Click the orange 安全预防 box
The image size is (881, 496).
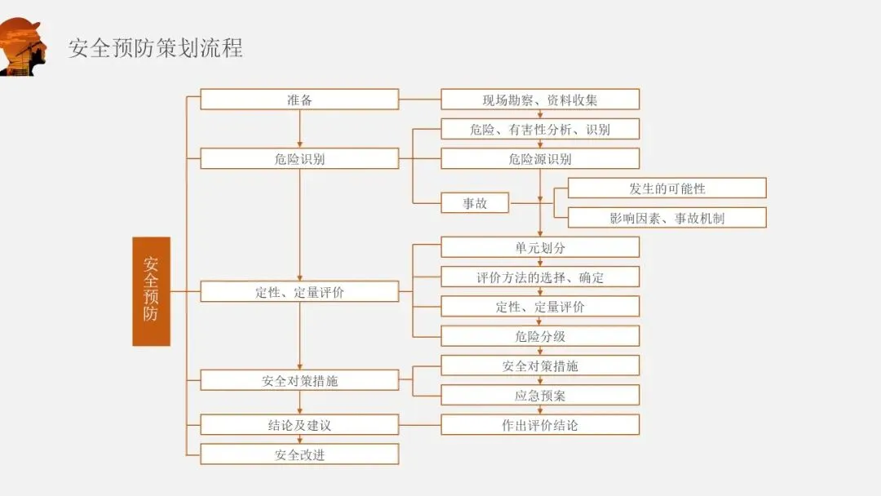coord(151,291)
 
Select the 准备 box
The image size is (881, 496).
coord(299,100)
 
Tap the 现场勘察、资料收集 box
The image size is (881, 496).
coord(540,100)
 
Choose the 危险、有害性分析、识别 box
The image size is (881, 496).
coord(540,129)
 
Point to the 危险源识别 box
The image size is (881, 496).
coord(540,158)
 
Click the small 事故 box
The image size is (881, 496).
coord(475,203)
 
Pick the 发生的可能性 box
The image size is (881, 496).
coord(666,188)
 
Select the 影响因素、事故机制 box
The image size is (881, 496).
coord(666,218)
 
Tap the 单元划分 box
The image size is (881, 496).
coord(540,247)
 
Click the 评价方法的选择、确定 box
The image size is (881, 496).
coord(540,277)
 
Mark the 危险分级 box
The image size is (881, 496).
coord(540,336)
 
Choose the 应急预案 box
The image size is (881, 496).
coord(540,396)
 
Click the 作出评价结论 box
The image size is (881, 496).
coord(540,425)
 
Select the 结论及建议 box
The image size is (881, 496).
coord(299,425)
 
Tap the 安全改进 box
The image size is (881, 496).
coord(299,454)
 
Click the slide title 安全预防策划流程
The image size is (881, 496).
coord(155,47)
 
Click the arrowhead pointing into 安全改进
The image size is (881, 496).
coord(299,440)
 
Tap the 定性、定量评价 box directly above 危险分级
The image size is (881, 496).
coord(540,307)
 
